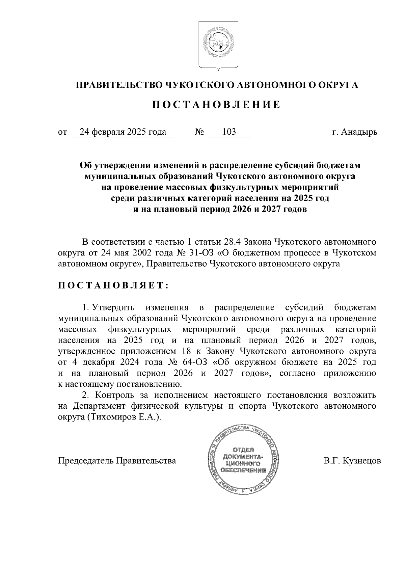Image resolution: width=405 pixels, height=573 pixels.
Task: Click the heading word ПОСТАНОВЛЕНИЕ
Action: point(216,105)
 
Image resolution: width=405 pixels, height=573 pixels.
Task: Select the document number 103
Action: point(229,132)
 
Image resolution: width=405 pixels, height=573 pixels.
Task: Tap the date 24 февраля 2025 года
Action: point(123,132)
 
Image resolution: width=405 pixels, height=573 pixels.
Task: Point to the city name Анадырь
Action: point(359,132)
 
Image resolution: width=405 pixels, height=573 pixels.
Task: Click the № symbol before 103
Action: point(199,132)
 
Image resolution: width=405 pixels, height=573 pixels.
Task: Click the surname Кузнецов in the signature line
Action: point(362,460)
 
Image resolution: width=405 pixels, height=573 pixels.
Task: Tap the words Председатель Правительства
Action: point(117,460)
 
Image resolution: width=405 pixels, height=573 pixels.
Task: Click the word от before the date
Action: point(62,132)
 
